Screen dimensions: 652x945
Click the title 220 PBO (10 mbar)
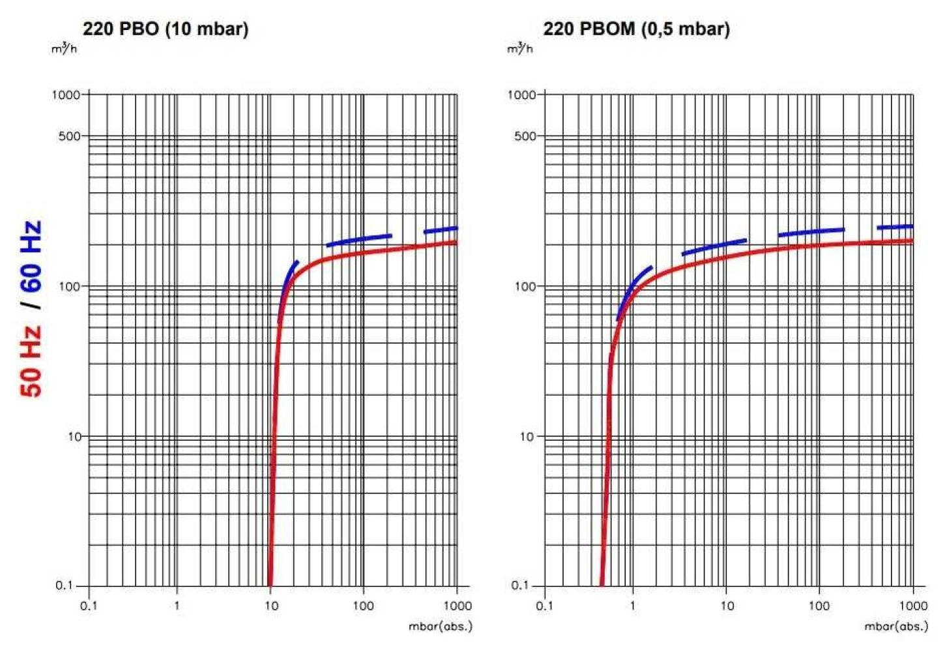[166, 29]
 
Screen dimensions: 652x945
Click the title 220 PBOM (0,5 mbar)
[636, 29]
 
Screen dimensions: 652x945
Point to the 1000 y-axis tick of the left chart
[66, 95]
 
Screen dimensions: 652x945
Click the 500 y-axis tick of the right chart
[525, 136]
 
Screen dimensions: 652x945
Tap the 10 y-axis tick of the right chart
[527, 436]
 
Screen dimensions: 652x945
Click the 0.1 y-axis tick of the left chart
[64, 585]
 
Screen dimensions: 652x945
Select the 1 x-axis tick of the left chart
[177, 606]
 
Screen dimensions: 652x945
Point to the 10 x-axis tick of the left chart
[271, 606]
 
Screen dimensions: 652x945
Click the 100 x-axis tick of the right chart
[819, 606]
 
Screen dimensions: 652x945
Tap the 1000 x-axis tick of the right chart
[913, 606]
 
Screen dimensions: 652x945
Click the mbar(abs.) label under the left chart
[440, 627]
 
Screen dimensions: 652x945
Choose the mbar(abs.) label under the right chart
[896, 627]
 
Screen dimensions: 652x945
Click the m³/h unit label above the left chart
[64, 48]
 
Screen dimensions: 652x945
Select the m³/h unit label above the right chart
[520, 48]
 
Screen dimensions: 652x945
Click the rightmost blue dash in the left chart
[441, 230]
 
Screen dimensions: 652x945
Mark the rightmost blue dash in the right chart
[895, 227]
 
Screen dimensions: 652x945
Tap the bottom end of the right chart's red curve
[601, 583]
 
